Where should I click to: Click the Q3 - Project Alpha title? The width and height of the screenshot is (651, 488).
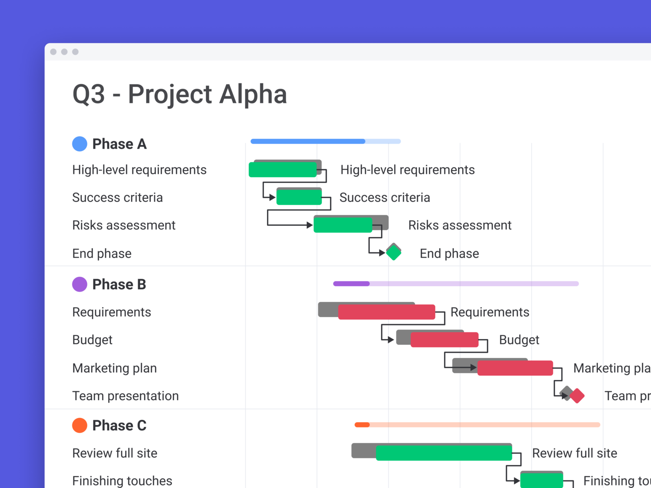click(x=179, y=94)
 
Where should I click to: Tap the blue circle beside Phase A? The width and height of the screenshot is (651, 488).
click(x=79, y=144)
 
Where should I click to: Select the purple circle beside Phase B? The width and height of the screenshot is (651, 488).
click(x=79, y=284)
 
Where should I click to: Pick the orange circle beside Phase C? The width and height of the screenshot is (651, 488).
click(x=79, y=425)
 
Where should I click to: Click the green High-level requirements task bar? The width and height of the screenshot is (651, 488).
click(x=283, y=170)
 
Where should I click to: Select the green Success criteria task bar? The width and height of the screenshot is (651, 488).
click(x=299, y=197)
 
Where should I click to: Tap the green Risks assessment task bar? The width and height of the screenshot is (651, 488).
click(x=343, y=225)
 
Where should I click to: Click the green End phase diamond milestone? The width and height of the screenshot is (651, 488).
click(x=393, y=253)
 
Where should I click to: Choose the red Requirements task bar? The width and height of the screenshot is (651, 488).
click(x=387, y=312)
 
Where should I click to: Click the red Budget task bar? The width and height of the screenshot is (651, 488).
click(x=445, y=340)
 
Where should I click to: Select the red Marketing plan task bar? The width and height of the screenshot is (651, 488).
click(x=515, y=368)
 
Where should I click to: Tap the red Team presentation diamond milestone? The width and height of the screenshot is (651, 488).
click(x=577, y=396)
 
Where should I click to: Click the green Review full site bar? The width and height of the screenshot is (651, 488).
click(x=444, y=453)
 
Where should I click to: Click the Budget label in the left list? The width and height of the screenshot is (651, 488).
click(x=92, y=340)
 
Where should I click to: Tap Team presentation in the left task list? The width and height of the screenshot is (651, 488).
click(x=125, y=396)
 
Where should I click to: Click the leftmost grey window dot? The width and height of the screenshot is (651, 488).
click(x=53, y=52)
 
